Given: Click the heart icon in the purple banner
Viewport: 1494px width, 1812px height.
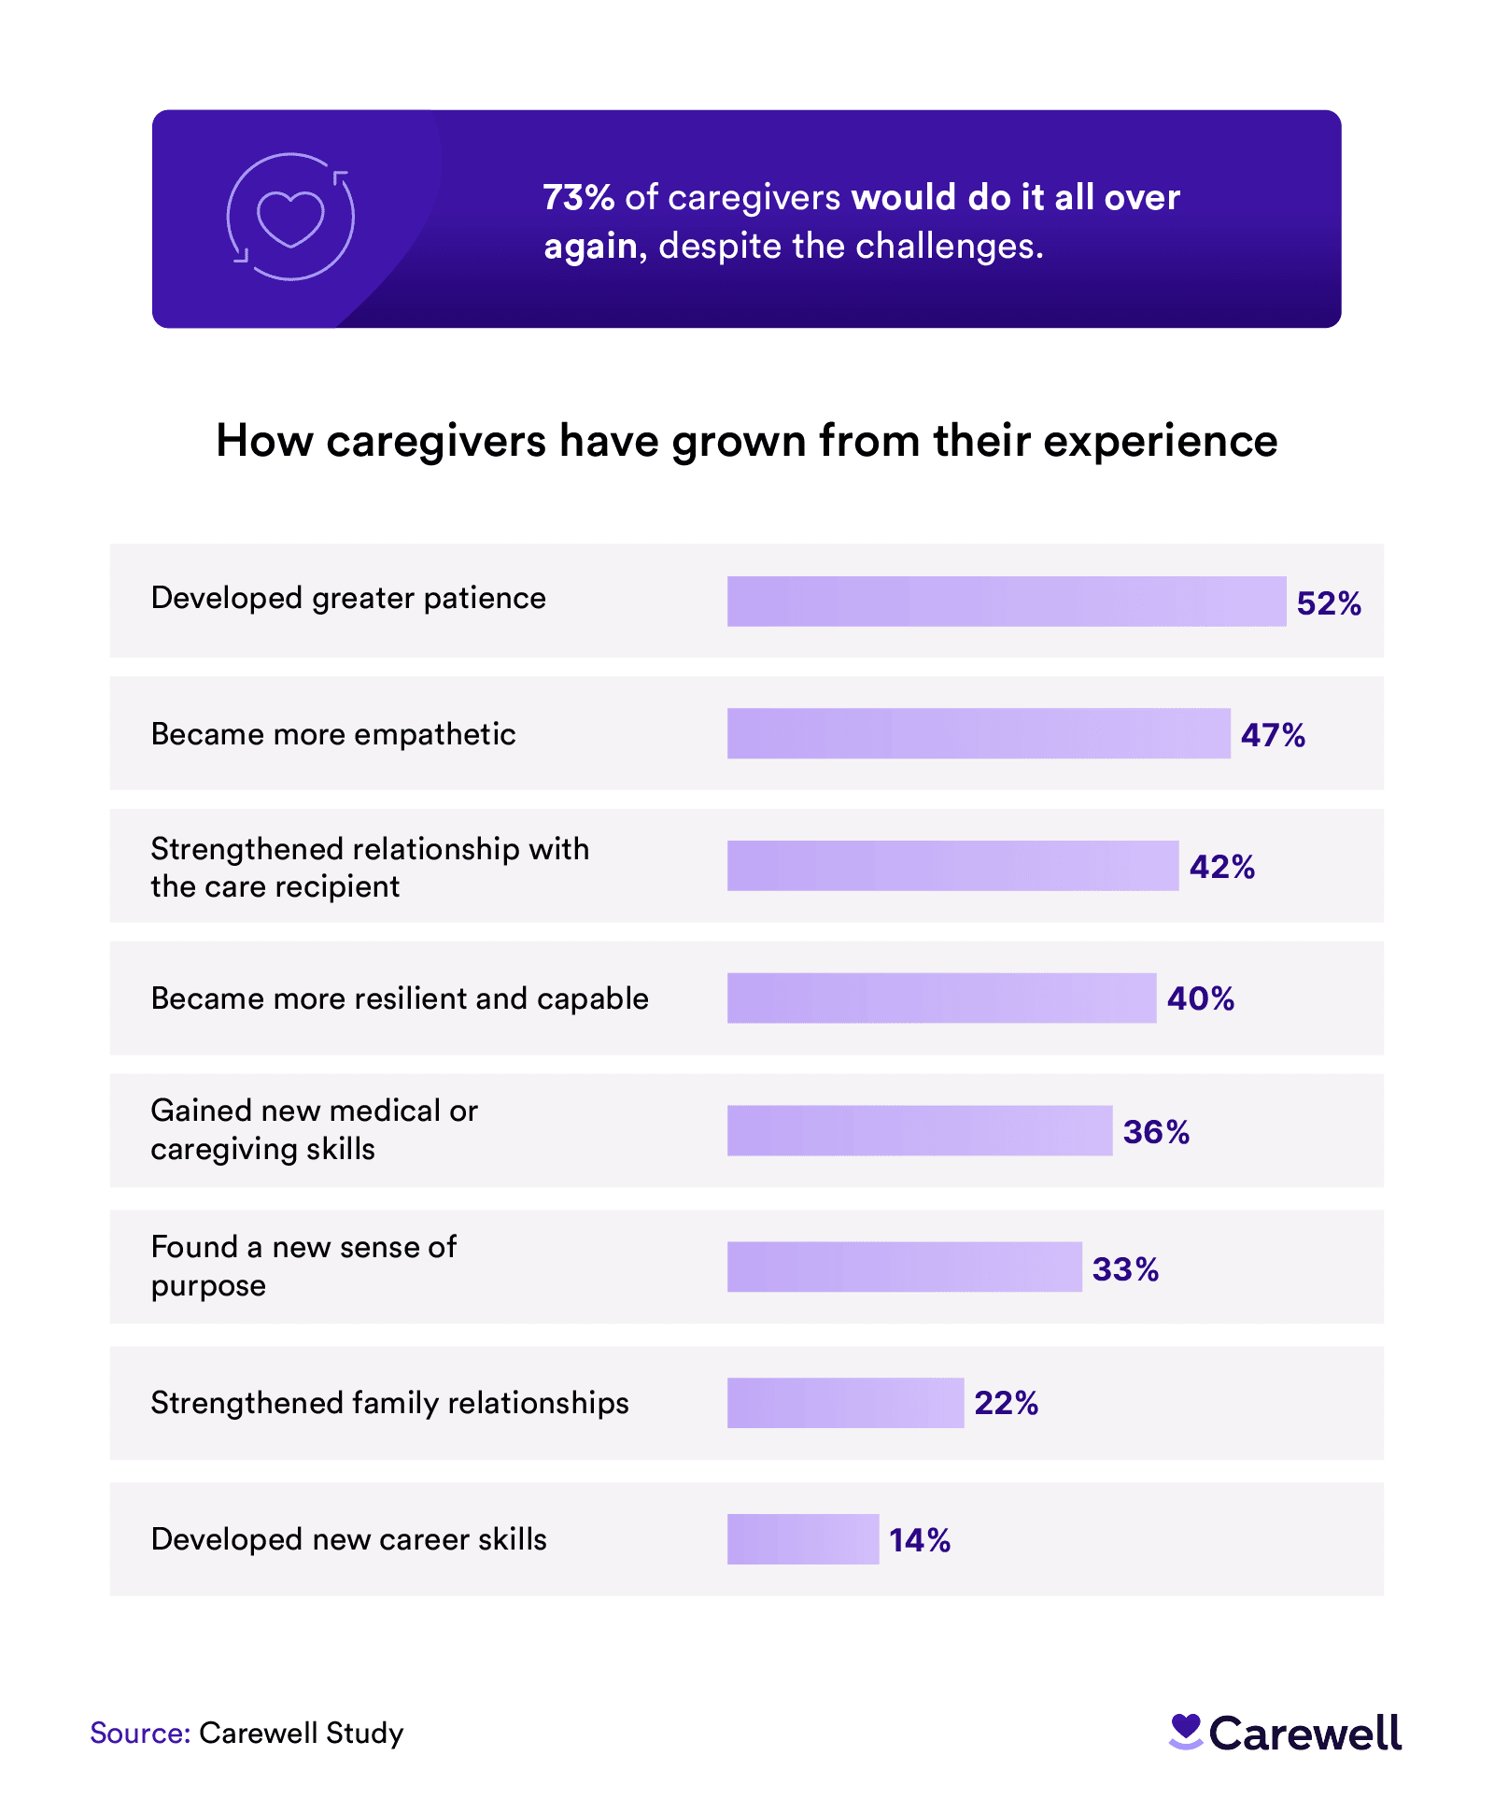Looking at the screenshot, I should (290, 218).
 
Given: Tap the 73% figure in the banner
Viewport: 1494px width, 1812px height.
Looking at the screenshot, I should (578, 198).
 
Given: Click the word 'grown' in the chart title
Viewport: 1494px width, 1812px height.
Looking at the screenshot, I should (738, 441).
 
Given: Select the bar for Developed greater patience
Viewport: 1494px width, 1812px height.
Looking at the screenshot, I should (1006, 601).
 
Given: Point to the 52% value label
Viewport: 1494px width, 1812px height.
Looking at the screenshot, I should (1328, 603).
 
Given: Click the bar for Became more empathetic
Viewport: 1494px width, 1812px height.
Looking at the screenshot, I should (978, 733).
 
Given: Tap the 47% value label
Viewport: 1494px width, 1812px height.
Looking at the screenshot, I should (1272, 735).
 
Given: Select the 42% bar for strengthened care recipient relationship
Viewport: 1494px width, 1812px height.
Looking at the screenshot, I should (952, 866).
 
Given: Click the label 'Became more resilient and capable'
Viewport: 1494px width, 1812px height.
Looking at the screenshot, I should (400, 998).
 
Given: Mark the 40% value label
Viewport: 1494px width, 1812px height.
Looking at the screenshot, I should (1200, 998).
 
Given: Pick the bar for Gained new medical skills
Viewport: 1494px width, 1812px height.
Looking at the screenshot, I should (919, 1131).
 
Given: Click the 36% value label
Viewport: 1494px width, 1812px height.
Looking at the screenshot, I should (1155, 1132).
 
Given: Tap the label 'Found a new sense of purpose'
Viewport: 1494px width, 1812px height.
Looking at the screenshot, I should (303, 1266).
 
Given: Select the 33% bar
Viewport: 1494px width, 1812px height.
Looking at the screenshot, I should (904, 1267).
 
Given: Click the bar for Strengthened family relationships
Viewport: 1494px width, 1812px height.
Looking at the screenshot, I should (845, 1403).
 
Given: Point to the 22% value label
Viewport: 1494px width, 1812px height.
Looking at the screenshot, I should (1006, 1403).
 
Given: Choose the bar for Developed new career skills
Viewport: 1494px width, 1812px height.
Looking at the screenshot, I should (802, 1539).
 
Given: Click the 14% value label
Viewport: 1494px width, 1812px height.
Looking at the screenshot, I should (919, 1540).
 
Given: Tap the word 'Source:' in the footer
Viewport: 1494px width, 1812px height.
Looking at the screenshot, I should (140, 1733).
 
